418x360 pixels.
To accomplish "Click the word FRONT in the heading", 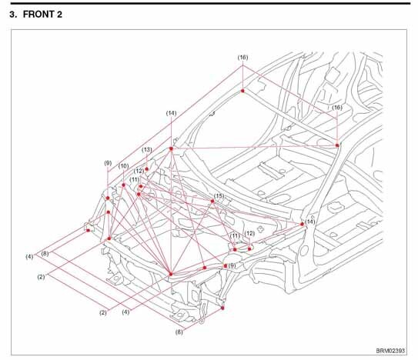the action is [38, 15].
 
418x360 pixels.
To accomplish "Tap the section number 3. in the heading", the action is [13, 15].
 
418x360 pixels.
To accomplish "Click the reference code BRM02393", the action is [390, 351].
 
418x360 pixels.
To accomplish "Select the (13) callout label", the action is [146, 150].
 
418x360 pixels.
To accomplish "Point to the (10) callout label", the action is [123, 166].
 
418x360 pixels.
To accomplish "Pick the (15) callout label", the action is [219, 196].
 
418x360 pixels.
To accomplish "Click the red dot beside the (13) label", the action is [146, 169].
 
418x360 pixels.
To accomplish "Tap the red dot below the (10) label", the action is [123, 185].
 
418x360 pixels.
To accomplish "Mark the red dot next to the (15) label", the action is [212, 201].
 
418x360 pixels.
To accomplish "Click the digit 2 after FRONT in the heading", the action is [59, 15].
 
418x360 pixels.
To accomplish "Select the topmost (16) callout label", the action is [242, 57].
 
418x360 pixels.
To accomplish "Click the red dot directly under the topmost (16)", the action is [242, 91].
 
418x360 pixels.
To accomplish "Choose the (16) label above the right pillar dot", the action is [337, 108].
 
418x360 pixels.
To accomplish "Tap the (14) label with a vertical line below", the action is [171, 113].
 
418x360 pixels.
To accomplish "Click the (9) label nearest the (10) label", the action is [108, 163].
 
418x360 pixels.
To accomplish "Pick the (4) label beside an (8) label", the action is [29, 257].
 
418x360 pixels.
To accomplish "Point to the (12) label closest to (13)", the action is [139, 171].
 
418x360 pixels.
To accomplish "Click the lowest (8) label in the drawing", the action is [179, 332].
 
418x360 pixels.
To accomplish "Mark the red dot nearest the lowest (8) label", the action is [222, 308].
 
